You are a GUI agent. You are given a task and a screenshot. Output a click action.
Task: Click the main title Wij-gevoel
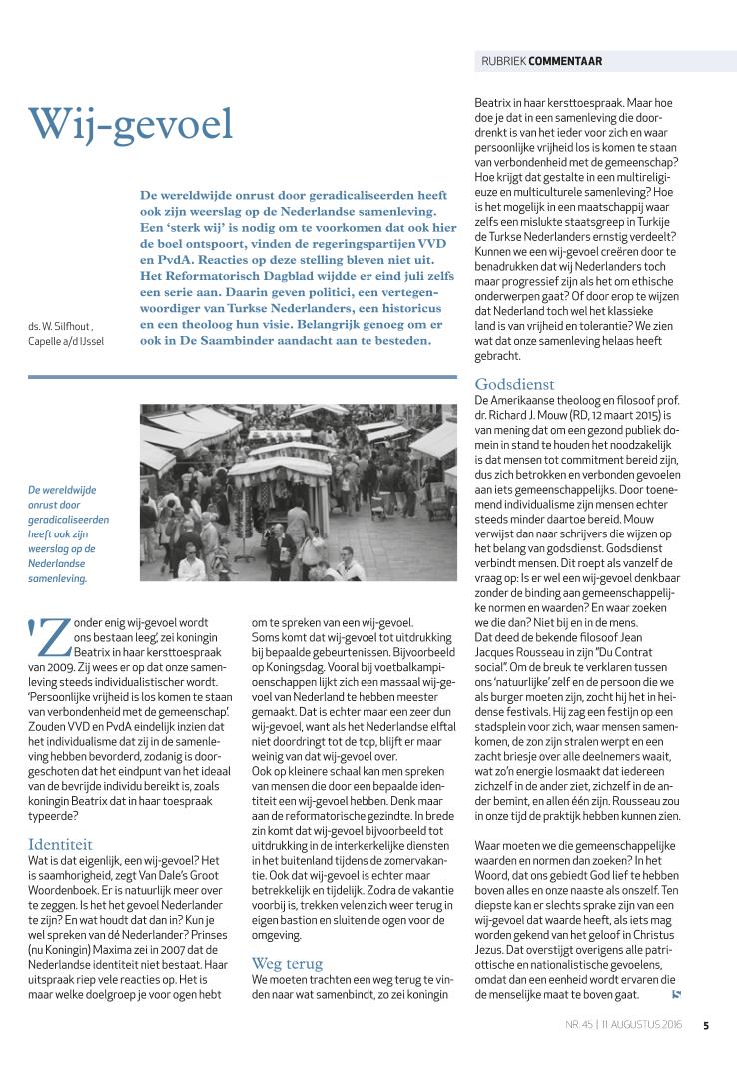pos(131,123)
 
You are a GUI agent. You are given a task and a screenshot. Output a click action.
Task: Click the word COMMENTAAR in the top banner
pos(565,61)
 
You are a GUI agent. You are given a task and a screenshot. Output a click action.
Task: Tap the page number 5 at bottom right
pos(706,1025)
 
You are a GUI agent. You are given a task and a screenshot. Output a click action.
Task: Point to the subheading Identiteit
pos(61,844)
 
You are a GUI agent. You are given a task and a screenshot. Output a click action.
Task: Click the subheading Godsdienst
pos(514,384)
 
